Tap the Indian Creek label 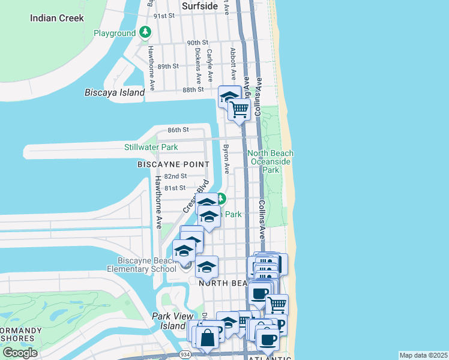(57, 18)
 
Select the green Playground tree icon (145, 32)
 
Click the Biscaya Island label (115, 92)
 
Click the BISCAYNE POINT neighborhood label (173, 164)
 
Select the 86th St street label (178, 130)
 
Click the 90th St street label (197, 43)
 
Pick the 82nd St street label (175, 176)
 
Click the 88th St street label (193, 89)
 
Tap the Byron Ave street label (226, 160)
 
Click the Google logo (20, 353)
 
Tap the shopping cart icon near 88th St (240, 110)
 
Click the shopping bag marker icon (207, 337)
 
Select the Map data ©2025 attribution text (423, 355)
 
